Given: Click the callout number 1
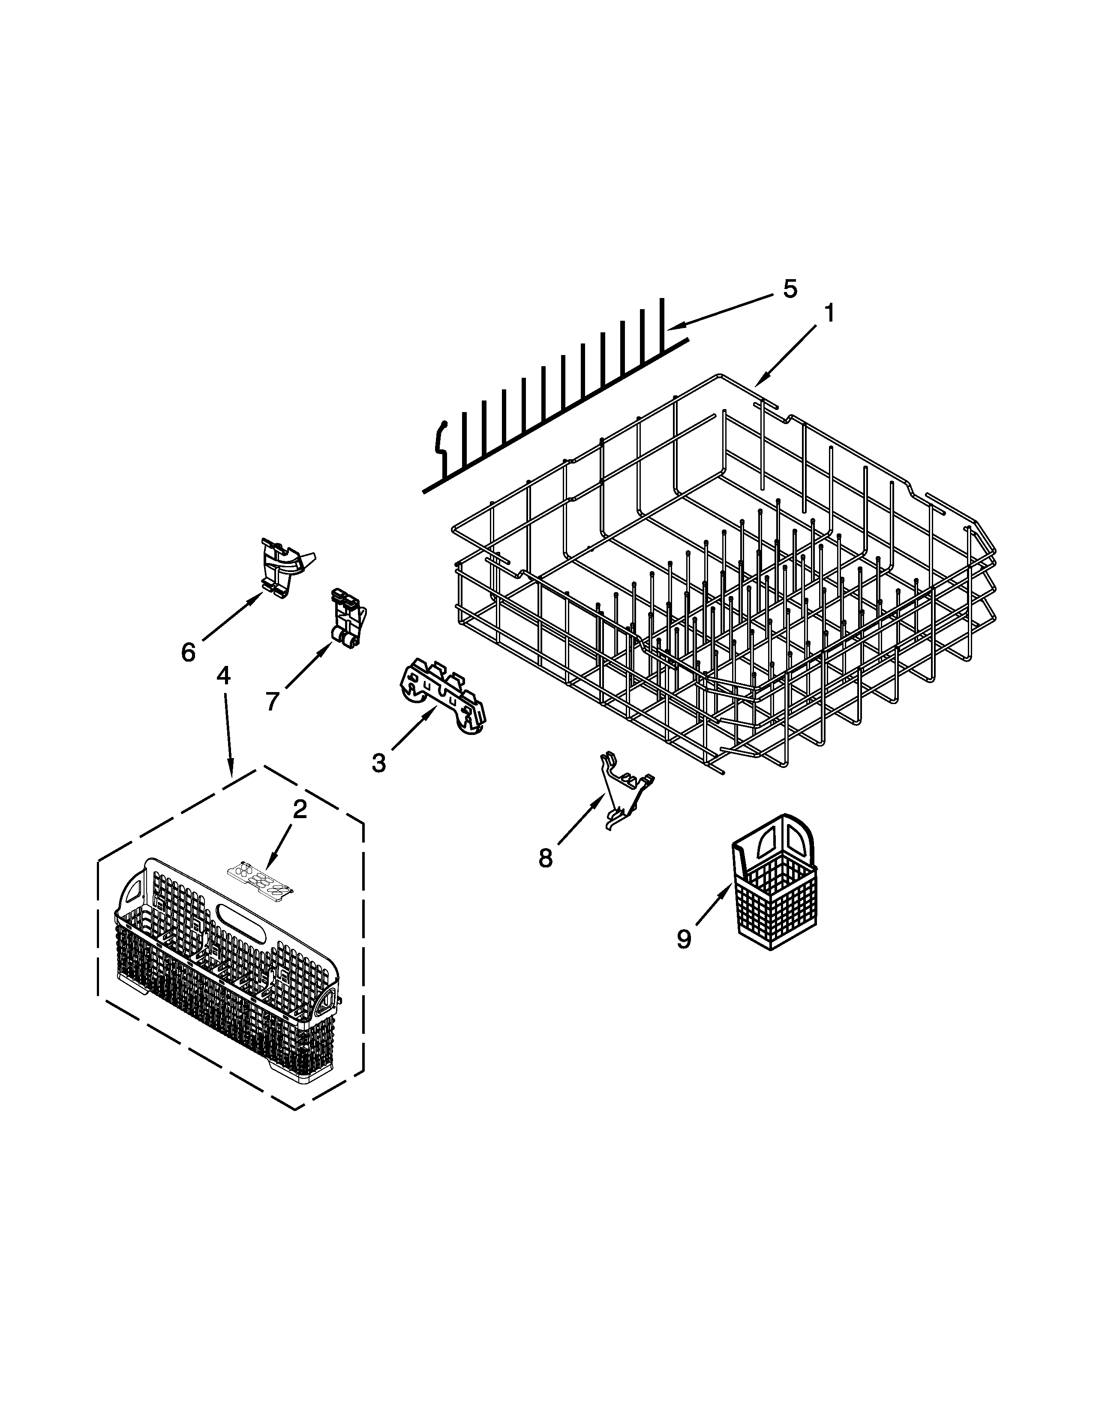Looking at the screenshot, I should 829,314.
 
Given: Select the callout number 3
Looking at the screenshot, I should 379,762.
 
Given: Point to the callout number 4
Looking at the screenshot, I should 223,676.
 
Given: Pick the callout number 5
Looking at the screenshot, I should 789,289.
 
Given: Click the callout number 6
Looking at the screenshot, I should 188,652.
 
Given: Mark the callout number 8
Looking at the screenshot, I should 545,858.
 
